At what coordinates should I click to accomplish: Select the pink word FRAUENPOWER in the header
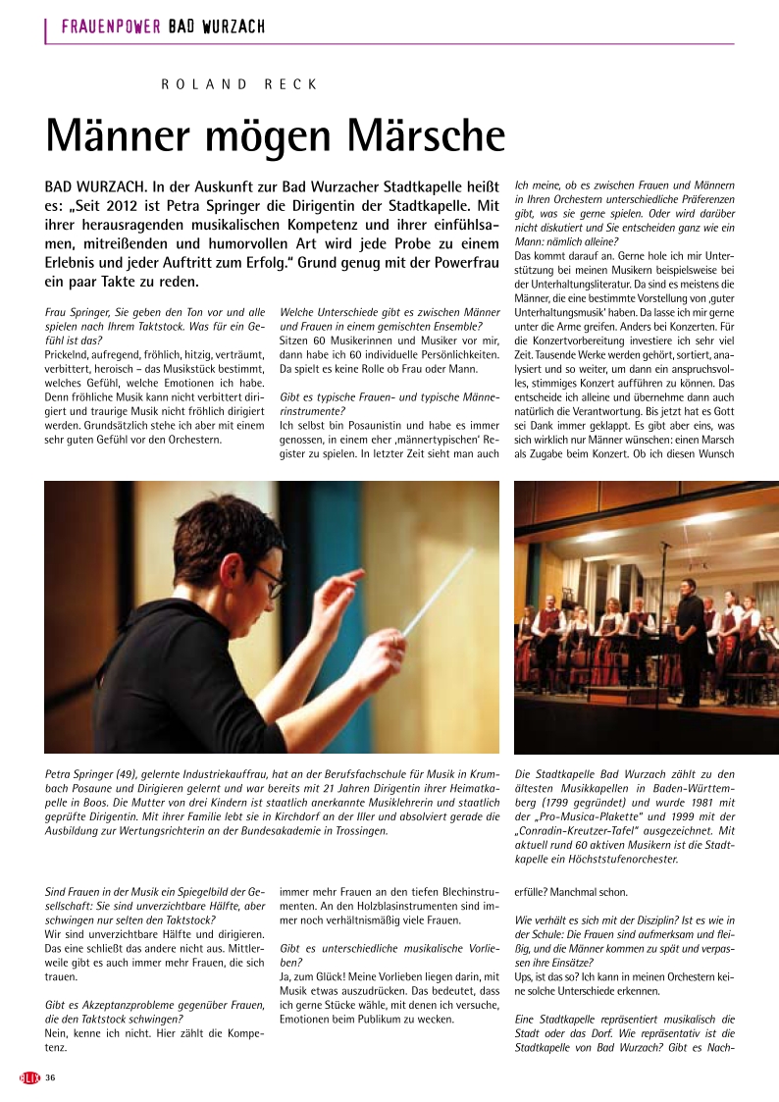tap(111, 26)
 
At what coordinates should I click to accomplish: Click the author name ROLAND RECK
tap(239, 84)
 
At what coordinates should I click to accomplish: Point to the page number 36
tap(49, 1078)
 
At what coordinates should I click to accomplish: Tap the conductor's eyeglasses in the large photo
tap(268, 580)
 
